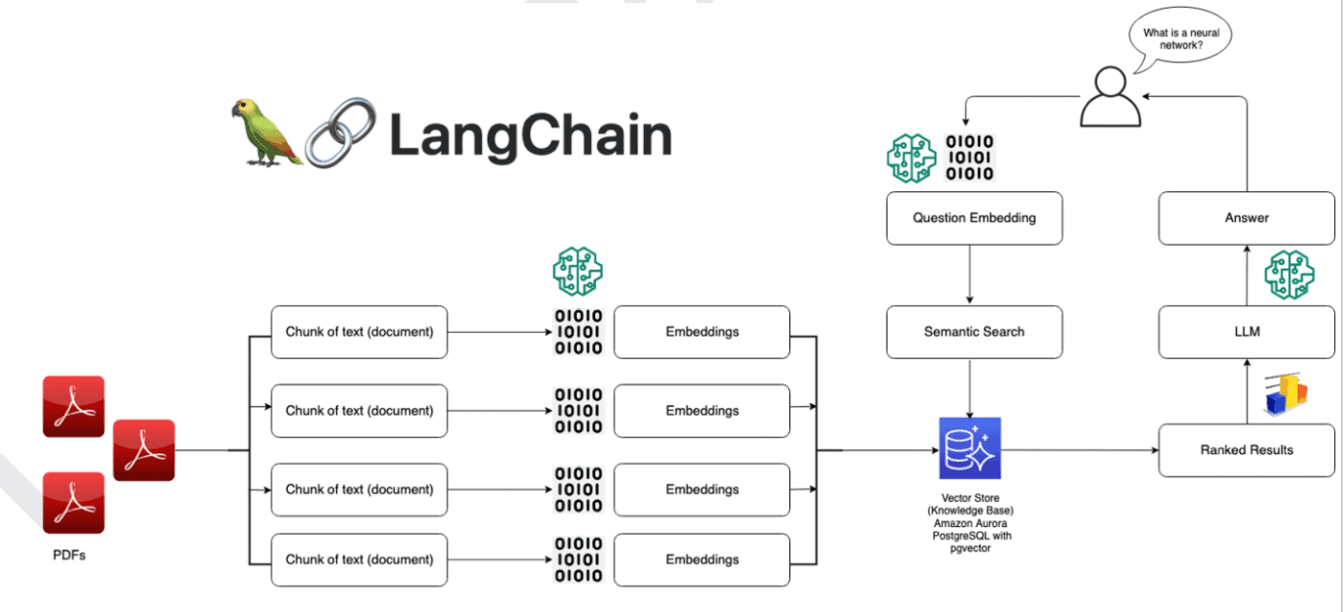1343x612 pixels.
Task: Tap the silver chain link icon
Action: pyautogui.click(x=341, y=133)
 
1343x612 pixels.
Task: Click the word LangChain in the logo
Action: pyautogui.click(x=530, y=135)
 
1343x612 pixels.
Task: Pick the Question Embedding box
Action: pyautogui.click(x=974, y=218)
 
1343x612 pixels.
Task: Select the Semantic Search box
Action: pyautogui.click(x=974, y=332)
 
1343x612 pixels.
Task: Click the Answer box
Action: pyautogui.click(x=1246, y=218)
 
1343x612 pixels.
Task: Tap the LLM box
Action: pyautogui.click(x=1246, y=332)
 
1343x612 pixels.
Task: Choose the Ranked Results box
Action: pyautogui.click(x=1246, y=449)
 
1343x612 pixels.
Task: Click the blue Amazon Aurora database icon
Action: pyautogui.click(x=969, y=448)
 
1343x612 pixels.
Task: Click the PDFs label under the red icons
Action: pyautogui.click(x=69, y=555)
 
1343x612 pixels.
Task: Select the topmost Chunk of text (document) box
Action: pyautogui.click(x=359, y=332)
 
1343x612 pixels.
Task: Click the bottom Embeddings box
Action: pyautogui.click(x=702, y=559)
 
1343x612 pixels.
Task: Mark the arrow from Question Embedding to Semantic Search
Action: pyautogui.click(x=970, y=274)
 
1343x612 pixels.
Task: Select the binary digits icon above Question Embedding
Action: pyautogui.click(x=969, y=158)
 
